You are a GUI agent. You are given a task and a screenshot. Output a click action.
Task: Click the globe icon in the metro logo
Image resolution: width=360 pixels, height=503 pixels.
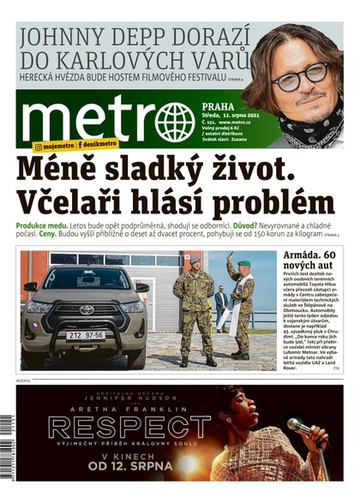coord(175,121)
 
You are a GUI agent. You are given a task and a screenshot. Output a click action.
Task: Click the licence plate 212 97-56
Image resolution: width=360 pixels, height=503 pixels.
coord(85,335)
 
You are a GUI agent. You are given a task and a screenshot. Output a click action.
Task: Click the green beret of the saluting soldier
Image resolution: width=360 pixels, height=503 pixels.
coord(243,264)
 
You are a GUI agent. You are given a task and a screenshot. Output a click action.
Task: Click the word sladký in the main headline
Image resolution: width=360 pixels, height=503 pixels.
coord(159,168)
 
